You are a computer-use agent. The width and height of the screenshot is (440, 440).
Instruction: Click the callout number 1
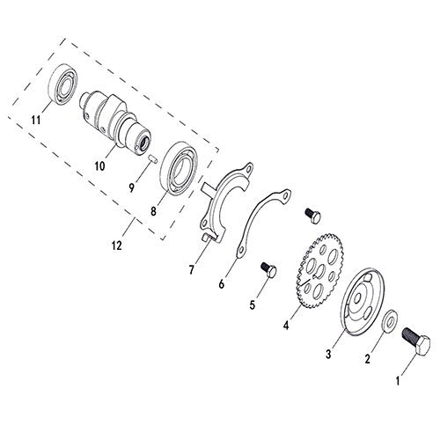398,381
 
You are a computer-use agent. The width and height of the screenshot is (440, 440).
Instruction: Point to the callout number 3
328,355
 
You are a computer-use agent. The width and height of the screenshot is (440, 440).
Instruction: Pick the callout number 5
253,305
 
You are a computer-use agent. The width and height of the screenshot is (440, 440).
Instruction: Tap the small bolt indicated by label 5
268,269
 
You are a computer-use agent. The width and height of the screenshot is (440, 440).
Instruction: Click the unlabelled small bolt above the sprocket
313,215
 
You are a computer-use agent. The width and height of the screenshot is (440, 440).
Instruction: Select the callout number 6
222,283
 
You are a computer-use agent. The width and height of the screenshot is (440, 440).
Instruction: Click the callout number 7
192,270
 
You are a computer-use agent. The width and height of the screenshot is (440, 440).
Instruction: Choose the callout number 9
132,187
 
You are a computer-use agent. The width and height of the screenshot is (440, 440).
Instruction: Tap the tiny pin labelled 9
153,158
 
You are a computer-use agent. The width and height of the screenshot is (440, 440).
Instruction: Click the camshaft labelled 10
115,122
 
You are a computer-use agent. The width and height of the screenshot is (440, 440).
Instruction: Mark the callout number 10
99,166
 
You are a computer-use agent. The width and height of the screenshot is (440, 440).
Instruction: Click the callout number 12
116,246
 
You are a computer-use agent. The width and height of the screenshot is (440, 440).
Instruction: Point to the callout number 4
286,325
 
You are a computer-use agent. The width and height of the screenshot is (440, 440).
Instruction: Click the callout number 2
367,358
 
